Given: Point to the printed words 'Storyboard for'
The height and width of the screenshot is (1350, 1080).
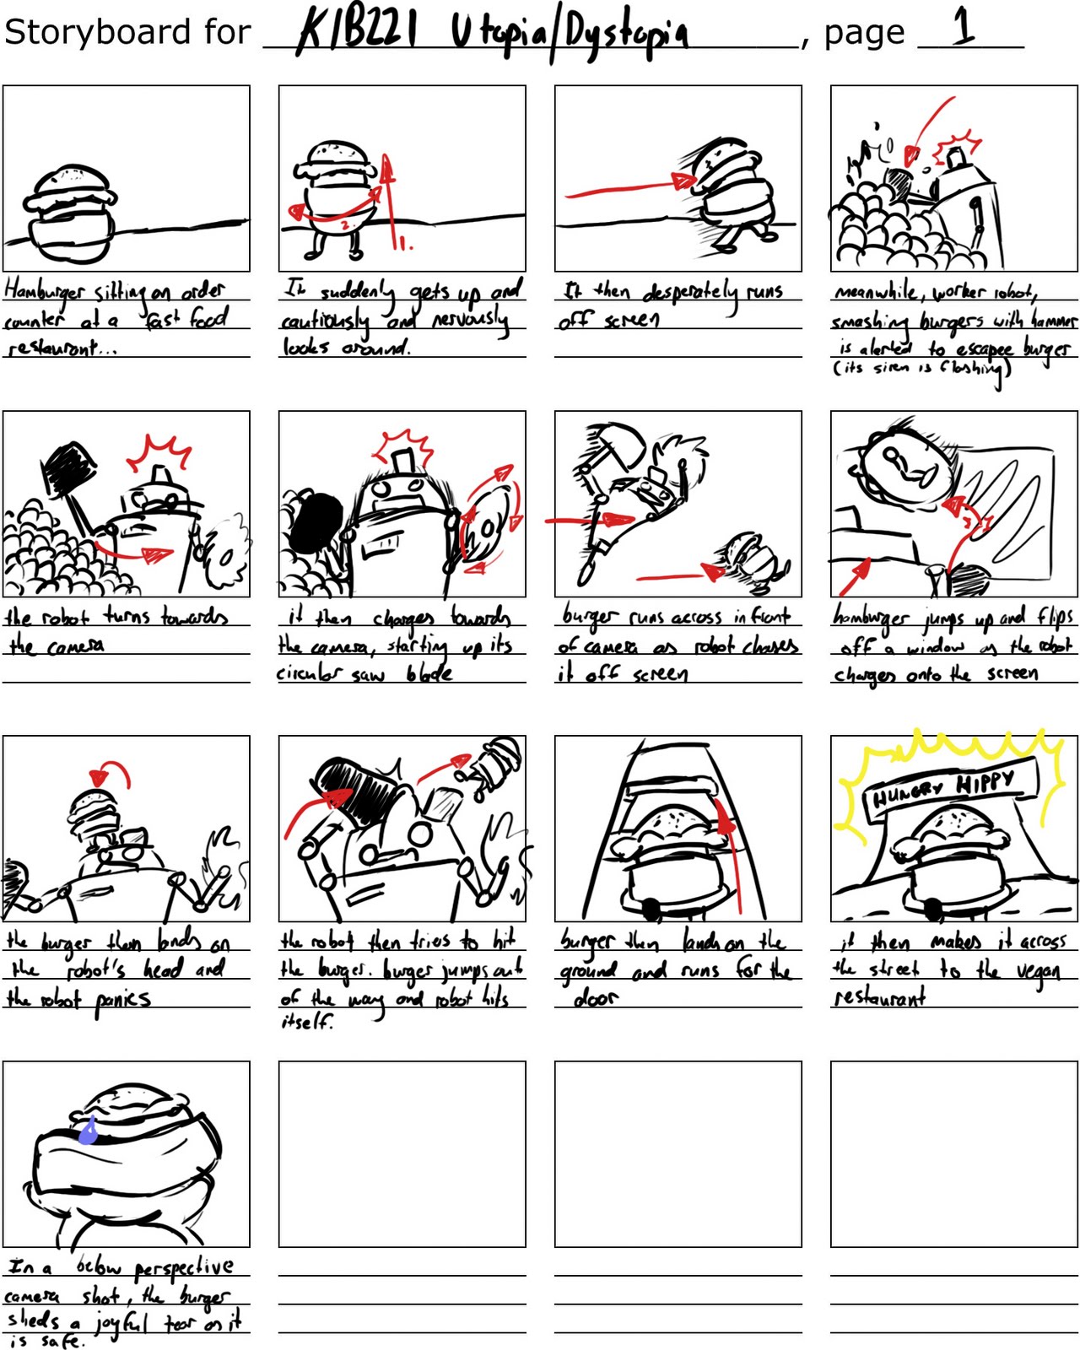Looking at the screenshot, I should (127, 32).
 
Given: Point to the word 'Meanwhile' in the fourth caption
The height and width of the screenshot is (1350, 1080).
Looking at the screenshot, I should (877, 292).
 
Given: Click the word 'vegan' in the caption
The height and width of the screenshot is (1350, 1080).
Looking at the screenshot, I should (1038, 972).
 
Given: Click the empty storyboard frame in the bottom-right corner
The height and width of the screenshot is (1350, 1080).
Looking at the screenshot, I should (953, 1153).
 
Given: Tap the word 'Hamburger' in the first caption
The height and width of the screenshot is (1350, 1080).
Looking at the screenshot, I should (44, 290).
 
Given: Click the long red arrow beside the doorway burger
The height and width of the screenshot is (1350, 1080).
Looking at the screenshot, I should (732, 852).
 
